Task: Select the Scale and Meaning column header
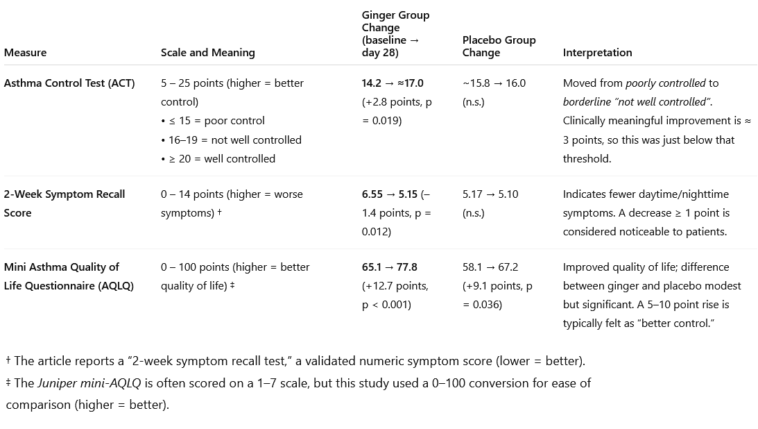click(x=207, y=53)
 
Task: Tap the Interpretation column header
click(x=597, y=53)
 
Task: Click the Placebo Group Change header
click(x=499, y=47)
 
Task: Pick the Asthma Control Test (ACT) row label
click(x=69, y=83)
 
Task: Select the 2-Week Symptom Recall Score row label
click(x=64, y=203)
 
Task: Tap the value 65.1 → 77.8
click(x=390, y=267)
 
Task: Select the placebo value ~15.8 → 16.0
click(x=494, y=83)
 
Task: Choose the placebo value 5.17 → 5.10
click(x=491, y=194)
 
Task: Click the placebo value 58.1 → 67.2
click(x=490, y=267)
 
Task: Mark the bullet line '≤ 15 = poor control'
click(x=216, y=121)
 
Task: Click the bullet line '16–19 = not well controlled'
click(x=234, y=140)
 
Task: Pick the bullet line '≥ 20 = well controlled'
click(x=221, y=159)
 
